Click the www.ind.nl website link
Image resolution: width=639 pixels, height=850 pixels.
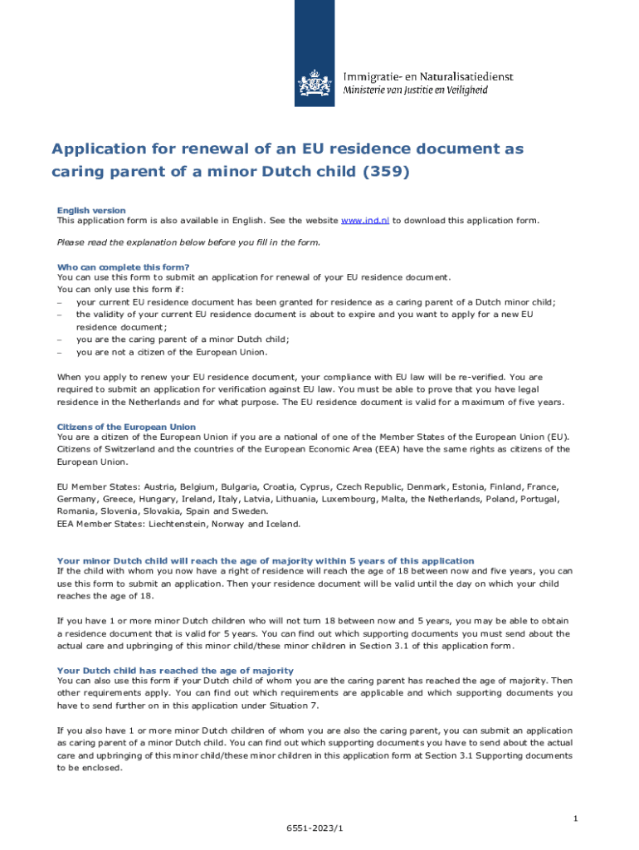click(x=365, y=221)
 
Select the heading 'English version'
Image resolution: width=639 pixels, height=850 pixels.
click(x=91, y=211)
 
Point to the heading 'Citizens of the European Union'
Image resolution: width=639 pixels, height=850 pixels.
click(x=126, y=427)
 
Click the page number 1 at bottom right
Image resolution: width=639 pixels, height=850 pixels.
click(x=574, y=819)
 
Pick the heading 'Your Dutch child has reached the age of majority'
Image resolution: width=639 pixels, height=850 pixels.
click(x=175, y=671)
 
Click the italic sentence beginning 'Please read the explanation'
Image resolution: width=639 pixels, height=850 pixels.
click(x=188, y=242)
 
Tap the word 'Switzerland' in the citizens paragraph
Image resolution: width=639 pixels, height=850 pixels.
click(x=124, y=449)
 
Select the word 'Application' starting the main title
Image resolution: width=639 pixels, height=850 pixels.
click(x=100, y=149)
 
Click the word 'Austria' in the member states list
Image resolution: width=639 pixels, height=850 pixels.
click(x=160, y=486)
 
